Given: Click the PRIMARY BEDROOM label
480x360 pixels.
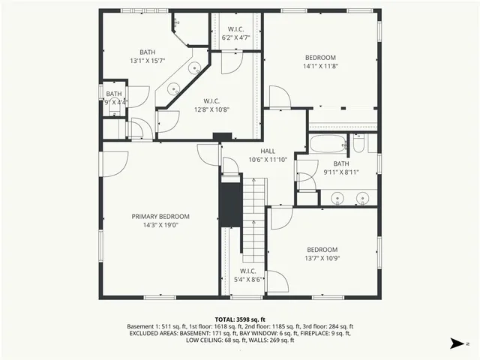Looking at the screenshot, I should tap(160, 216).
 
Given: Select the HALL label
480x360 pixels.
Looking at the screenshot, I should tap(268, 151).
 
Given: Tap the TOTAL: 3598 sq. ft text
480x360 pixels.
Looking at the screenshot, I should tap(240, 319).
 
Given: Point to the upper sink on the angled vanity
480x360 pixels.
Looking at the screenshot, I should tap(193, 68).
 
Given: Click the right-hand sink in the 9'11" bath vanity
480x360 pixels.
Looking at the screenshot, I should tap(362, 199).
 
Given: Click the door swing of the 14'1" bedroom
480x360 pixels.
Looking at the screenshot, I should tap(277, 96).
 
